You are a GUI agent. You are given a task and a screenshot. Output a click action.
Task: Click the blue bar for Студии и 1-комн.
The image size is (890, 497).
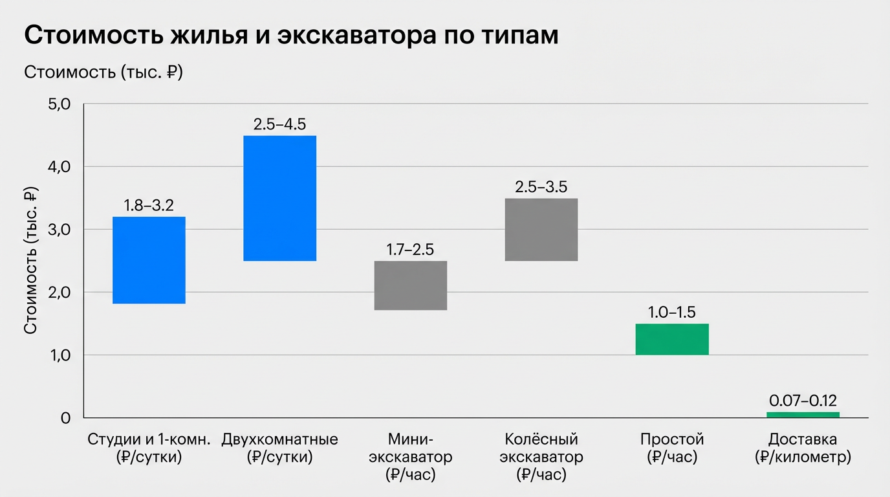tap(149, 260)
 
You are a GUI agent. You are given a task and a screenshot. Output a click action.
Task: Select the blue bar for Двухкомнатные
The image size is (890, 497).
tap(279, 198)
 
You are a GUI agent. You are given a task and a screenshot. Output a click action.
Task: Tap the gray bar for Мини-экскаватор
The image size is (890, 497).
tap(410, 285)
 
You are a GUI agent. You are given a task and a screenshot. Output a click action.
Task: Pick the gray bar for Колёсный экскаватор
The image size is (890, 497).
tap(541, 229)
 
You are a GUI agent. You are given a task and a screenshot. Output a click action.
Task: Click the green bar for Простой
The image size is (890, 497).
tap(672, 339)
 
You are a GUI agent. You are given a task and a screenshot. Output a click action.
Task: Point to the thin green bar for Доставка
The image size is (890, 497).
tap(803, 415)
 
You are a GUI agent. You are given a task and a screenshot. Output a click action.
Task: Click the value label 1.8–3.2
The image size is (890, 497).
tap(149, 206)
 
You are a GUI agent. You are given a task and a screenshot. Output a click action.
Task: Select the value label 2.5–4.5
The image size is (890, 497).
tap(279, 124)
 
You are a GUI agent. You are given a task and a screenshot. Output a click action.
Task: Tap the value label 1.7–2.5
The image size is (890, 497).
tap(410, 250)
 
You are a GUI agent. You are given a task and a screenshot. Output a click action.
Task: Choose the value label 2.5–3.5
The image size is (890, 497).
tap(541, 187)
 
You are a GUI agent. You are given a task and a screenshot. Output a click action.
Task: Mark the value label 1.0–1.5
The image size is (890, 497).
tap(672, 313)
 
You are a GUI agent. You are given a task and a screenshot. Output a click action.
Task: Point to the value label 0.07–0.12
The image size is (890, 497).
tap(803, 401)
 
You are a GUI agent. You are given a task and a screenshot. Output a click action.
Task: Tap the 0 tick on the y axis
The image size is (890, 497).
tap(65, 418)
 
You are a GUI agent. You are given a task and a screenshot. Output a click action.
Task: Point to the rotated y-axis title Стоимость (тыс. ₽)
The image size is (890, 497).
tap(30, 261)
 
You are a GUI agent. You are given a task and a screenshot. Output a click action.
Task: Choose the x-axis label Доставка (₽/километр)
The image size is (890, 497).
tap(803, 448)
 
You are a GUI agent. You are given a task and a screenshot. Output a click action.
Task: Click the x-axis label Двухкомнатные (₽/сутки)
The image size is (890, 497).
tap(279, 448)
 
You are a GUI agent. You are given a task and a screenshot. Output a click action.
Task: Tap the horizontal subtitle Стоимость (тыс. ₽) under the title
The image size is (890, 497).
tap(103, 72)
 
